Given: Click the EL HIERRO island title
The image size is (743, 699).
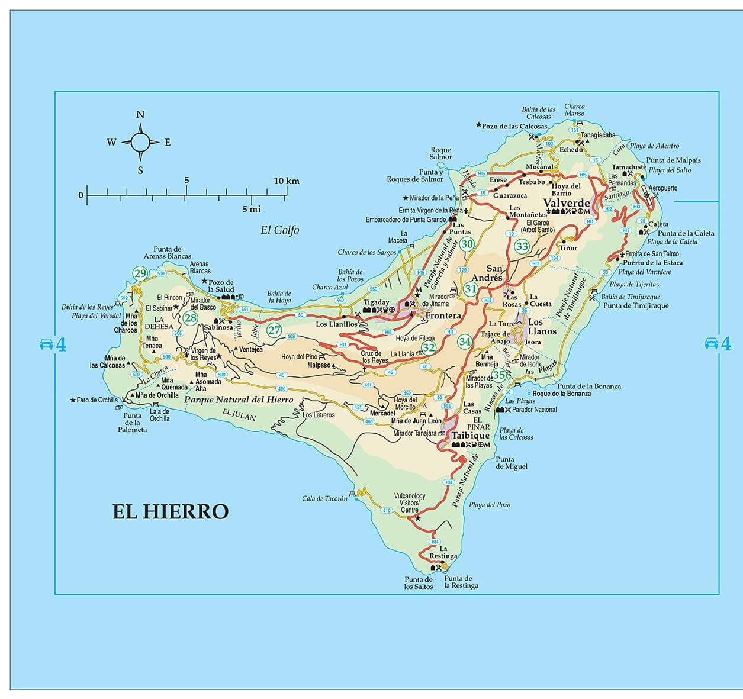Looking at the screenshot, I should [171, 511].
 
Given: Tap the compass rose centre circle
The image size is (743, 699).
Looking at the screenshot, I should [140, 142].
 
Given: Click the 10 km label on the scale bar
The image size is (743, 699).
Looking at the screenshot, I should [287, 181].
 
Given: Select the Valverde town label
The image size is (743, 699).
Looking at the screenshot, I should [567, 202].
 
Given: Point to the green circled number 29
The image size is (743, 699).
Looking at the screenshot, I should [140, 273].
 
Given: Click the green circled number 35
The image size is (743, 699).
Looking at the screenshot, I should [500, 375].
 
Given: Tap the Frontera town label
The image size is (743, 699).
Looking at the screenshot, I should [443, 315].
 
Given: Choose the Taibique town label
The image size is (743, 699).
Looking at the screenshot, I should [471, 436].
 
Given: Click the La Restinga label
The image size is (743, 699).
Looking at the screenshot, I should [443, 552].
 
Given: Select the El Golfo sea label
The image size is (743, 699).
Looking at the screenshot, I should [280, 230].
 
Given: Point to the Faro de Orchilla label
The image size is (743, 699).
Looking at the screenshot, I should [97, 400].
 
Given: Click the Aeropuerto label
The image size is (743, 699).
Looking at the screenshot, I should [663, 188].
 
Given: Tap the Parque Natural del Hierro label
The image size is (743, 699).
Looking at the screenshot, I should [239, 400].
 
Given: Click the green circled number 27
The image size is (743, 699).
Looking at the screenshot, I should [274, 330].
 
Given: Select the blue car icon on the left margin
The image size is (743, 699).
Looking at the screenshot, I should [46, 344].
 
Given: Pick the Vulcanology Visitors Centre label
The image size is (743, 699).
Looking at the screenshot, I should [410, 502].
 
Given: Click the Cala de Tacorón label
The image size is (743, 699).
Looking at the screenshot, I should [324, 498].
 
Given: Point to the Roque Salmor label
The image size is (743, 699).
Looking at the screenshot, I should [440, 153].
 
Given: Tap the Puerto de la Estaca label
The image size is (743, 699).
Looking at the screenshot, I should [652, 263].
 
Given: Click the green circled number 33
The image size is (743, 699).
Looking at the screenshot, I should [522, 246].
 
